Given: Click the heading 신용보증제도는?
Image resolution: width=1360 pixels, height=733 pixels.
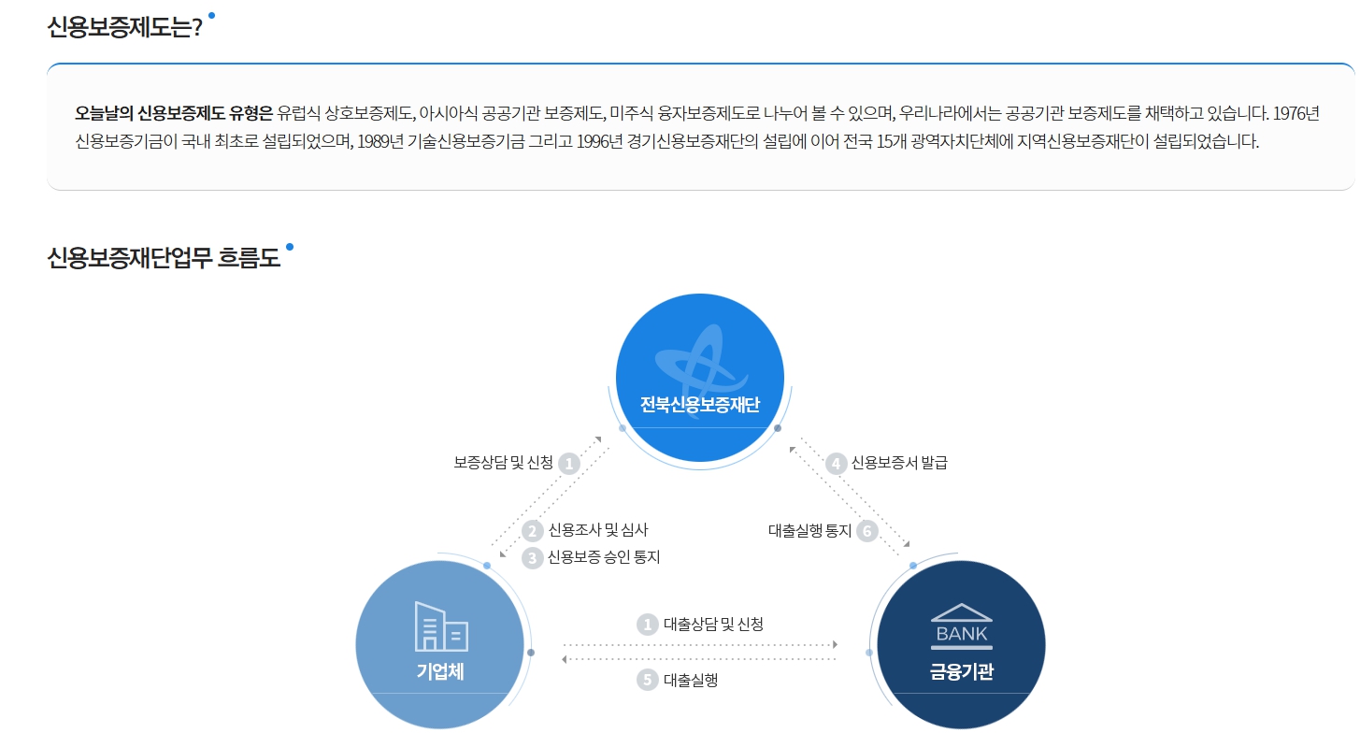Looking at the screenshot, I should pos(124,26).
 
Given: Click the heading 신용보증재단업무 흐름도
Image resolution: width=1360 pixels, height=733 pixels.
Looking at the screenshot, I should pos(164,258).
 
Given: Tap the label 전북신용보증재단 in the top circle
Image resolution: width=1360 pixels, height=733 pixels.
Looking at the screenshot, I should pos(700,405).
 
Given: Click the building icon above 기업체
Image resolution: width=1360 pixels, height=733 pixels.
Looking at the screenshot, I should pos(441,625).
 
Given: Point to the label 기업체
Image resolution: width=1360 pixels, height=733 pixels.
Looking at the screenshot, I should pos(440,671).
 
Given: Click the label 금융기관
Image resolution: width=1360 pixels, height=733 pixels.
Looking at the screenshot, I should pos(961,671).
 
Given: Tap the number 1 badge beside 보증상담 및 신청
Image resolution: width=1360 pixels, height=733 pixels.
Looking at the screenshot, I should pos(569,463).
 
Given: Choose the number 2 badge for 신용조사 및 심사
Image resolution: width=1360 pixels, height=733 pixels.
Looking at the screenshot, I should pos(533,531).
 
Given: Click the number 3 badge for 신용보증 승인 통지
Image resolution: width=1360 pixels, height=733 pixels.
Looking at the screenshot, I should pos(533,557).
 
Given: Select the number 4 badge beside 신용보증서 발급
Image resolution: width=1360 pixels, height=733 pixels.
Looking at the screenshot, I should pos(837,463).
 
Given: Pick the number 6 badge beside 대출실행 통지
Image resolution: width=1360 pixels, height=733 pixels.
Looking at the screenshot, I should pos(867,531).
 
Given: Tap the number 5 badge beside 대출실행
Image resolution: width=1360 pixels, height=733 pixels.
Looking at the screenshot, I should pos(648,680).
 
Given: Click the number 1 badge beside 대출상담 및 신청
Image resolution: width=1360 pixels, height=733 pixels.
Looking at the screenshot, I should pos(648,624).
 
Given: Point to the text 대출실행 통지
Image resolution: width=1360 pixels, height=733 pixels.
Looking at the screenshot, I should pos(809,531).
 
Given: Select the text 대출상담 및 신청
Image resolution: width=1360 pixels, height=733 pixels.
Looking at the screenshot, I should pos(713,624).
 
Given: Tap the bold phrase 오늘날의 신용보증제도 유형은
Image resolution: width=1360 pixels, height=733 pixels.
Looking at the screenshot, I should pos(173,114).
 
